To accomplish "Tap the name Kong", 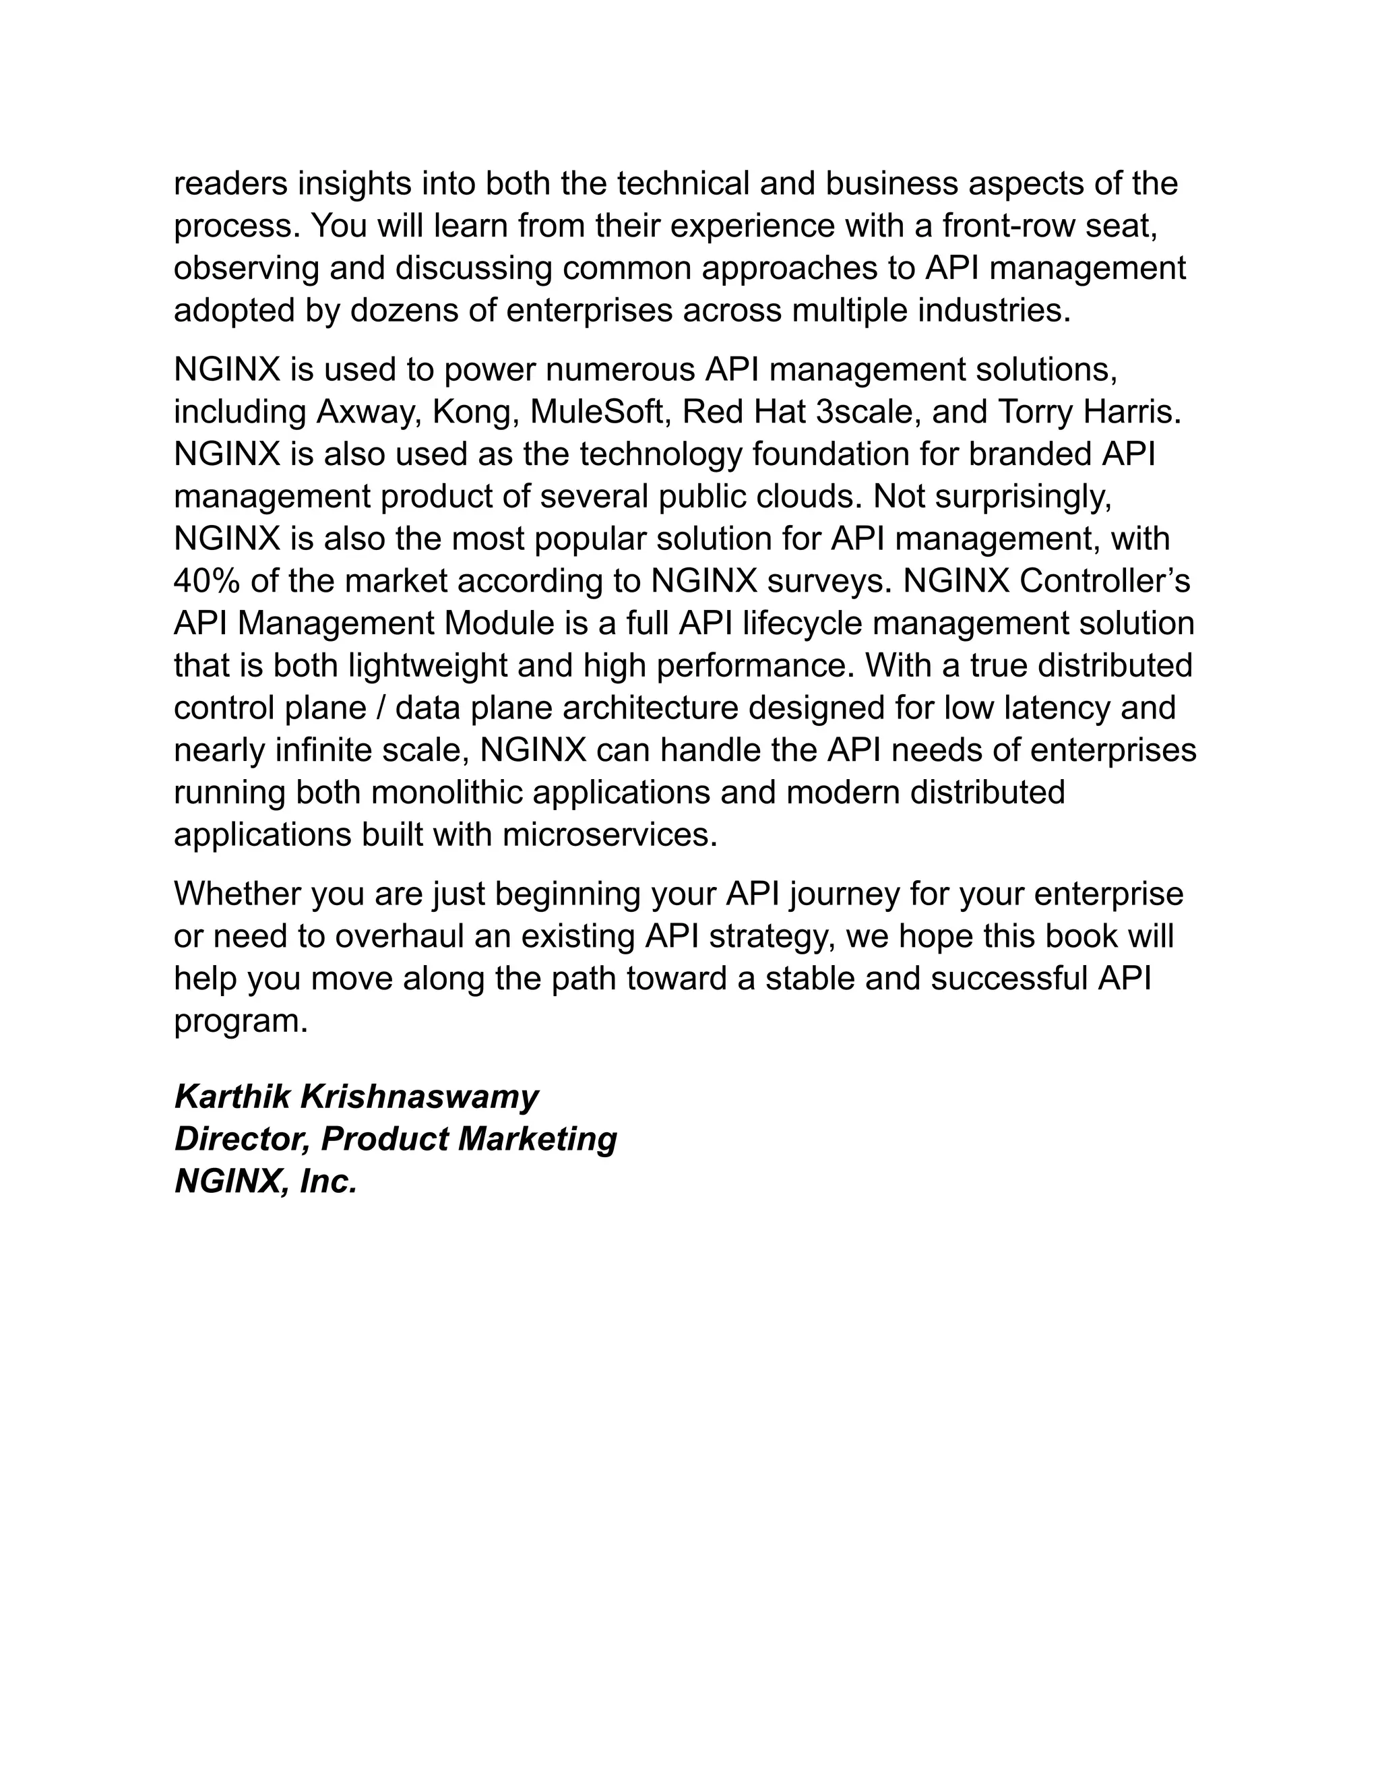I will pos(476,412).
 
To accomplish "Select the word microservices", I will pos(609,835).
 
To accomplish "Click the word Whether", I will pos(237,894).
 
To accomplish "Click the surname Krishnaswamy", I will pos(419,1097).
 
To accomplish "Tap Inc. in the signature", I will pos(329,1181).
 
